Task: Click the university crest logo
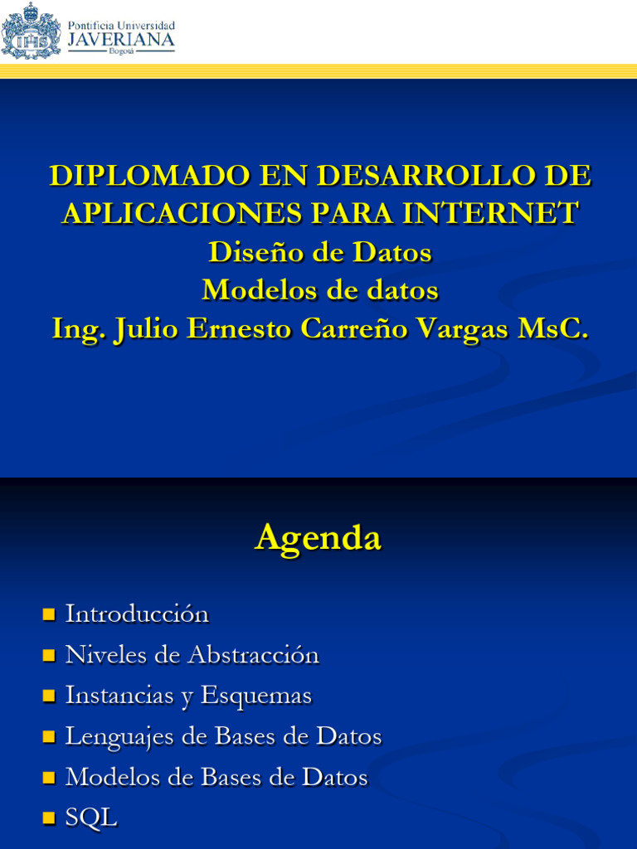(31, 31)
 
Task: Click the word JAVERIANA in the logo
(120, 39)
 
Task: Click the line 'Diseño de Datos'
(319, 252)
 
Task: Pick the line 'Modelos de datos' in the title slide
(319, 290)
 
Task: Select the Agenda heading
(318, 537)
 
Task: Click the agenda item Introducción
(137, 614)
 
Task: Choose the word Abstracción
(253, 655)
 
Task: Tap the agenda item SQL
(91, 818)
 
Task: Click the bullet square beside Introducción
(48, 615)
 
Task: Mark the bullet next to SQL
(48, 819)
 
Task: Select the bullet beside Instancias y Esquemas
(48, 696)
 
